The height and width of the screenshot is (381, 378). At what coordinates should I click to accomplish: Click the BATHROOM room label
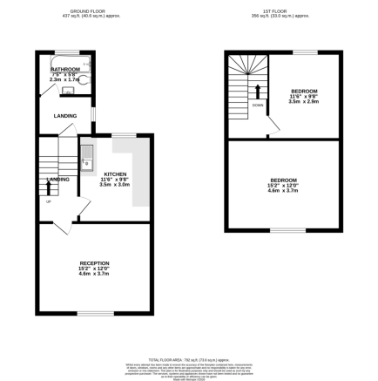coord(65,69)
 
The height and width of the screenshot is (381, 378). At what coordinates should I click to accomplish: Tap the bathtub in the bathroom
coord(63,60)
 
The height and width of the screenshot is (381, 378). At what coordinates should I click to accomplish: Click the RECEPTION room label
coord(94,262)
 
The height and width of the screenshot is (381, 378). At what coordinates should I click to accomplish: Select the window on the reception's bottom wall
coord(95,313)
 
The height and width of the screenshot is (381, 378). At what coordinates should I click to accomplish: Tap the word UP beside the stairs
coord(48,203)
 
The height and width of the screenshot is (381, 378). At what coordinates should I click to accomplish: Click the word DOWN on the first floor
coord(258,105)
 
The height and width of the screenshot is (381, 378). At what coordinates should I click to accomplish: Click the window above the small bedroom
coord(303,52)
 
